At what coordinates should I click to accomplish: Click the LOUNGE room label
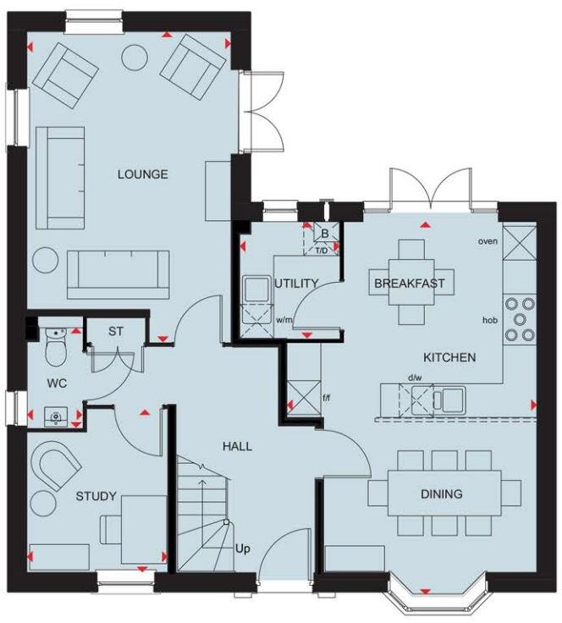[x=142, y=174]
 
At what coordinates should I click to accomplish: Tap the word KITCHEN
[x=449, y=358]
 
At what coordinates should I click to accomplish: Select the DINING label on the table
[x=443, y=493]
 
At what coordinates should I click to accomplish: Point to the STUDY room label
[x=96, y=496]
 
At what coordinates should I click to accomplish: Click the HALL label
[x=236, y=445]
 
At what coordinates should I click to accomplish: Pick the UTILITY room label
[x=296, y=283]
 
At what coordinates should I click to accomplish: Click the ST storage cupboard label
[x=116, y=331]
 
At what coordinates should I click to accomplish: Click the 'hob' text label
[x=490, y=320]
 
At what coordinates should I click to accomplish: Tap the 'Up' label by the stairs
[x=243, y=549]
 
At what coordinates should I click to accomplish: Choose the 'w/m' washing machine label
[x=284, y=320]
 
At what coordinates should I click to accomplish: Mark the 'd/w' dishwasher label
[x=415, y=378]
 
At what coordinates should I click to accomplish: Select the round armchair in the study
[x=57, y=466]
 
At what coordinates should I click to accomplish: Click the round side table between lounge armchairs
[x=135, y=58]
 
